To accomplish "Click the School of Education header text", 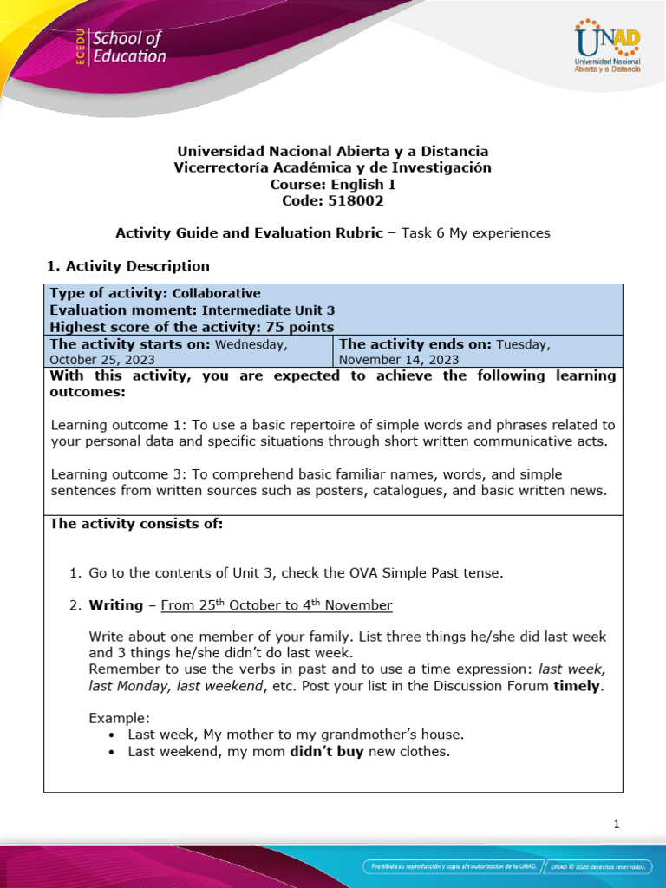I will point(128,48).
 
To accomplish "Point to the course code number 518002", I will point(354,200).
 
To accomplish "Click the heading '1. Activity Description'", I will point(127,266).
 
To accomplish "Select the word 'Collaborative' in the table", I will point(217,293).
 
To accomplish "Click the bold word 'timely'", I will point(577,686).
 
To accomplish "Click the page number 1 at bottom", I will point(616,825).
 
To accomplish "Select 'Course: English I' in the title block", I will point(332,184).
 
